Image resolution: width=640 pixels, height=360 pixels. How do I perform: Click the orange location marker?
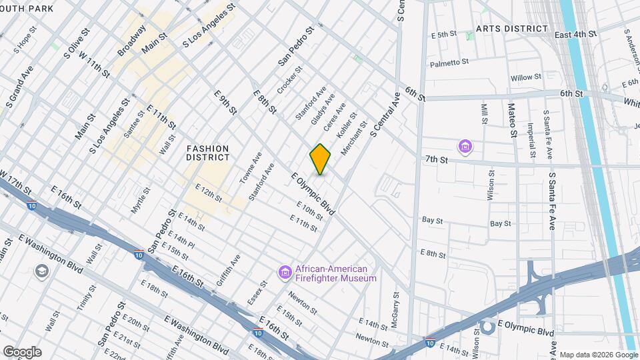coord(320,159)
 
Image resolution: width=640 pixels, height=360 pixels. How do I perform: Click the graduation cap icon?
coord(42,271)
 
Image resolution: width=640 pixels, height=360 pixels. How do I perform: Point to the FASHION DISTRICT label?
coord(208,153)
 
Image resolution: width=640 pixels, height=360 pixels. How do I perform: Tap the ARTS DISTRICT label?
coord(512,29)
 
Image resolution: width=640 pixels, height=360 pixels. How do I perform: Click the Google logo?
coord(22,352)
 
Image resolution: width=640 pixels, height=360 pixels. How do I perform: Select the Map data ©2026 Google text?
coord(598,355)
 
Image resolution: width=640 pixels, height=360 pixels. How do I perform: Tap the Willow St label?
coord(526,78)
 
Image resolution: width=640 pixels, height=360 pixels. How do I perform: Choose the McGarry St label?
coord(395,305)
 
